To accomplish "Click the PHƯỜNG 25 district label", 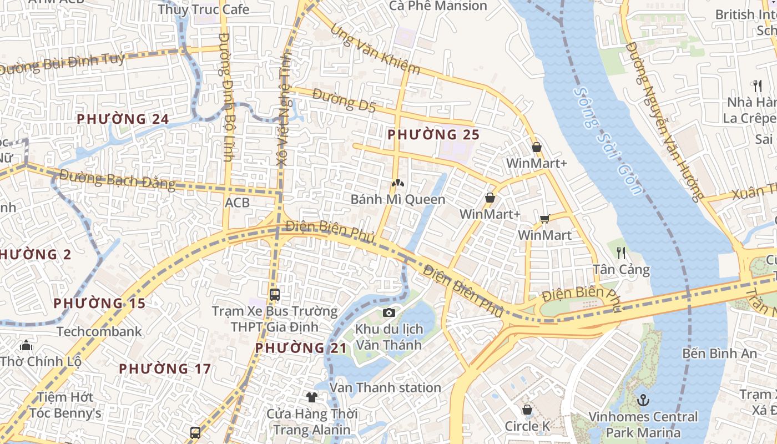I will [433, 134].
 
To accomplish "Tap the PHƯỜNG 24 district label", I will [122, 119].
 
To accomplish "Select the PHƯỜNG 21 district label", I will [301, 348].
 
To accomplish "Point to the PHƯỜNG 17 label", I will [165, 369].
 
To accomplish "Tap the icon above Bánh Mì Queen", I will [397, 183].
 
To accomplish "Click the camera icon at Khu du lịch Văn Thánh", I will [389, 312].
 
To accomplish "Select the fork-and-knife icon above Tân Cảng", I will [621, 253].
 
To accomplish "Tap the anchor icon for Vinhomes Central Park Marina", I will [643, 400].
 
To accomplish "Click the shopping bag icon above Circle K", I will [527, 410].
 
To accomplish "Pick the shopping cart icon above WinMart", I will [544, 219].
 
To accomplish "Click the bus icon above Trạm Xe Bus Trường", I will [274, 294].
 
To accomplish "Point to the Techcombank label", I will [99, 331].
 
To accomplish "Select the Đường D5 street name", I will [344, 100].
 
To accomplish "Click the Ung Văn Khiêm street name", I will [375, 49].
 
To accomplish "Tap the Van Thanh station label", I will [385, 387].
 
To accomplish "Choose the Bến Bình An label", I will [719, 353].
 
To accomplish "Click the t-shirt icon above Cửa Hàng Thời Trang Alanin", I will [312, 397].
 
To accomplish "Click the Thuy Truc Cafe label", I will [203, 9].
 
